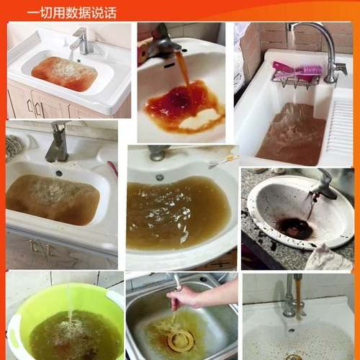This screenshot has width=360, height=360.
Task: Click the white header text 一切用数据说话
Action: coord(71,12)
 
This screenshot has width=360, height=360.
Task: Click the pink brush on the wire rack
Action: coord(297,71)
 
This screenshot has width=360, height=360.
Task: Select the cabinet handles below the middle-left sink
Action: coord(40,248)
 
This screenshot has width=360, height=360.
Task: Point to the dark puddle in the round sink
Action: coord(295,229)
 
